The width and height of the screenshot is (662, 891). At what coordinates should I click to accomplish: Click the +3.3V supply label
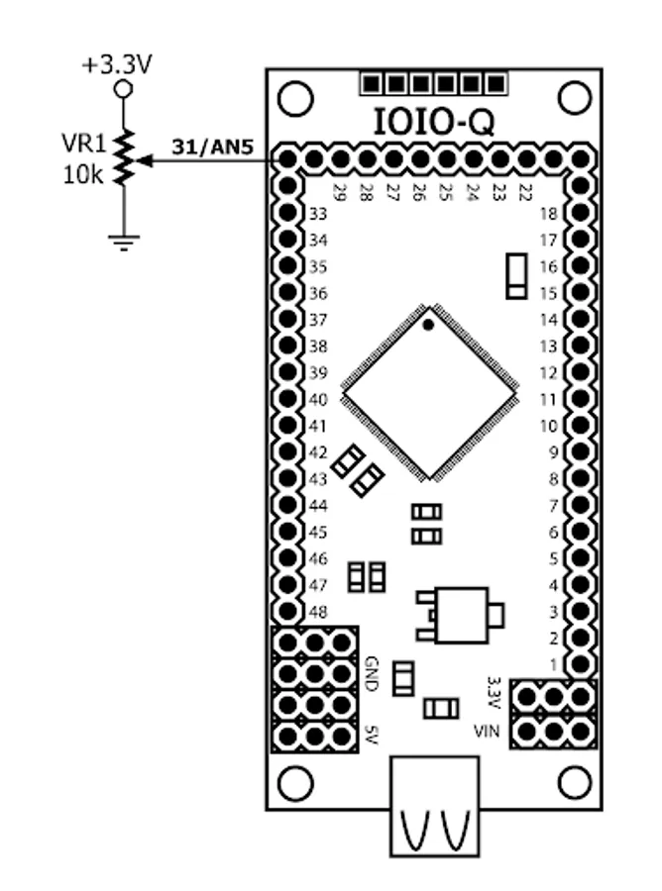117,65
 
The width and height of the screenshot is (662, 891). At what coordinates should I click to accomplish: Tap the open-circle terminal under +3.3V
124,89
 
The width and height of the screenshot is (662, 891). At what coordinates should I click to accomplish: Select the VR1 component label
84,144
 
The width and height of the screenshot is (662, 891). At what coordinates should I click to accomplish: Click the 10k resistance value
83,175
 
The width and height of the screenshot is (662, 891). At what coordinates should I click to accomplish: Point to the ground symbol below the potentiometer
124,243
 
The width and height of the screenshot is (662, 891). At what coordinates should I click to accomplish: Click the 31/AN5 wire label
212,148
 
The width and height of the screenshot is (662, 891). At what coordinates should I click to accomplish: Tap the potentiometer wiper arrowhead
144,161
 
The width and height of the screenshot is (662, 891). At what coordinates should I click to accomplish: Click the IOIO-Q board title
434,122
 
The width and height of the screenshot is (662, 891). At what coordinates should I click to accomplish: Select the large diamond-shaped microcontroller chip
429,393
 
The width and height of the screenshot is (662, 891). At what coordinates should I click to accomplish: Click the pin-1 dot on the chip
428,325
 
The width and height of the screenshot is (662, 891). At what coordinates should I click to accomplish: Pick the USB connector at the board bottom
434,806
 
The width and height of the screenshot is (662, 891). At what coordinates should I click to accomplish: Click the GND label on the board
372,674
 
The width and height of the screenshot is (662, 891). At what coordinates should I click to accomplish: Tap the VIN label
487,731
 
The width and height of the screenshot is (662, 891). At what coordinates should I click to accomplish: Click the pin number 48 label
318,612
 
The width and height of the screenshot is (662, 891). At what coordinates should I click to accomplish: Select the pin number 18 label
548,214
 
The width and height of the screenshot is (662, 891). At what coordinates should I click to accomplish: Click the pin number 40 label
318,400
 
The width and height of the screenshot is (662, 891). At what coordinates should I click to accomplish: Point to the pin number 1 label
553,664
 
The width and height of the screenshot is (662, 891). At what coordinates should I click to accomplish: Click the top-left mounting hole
295,98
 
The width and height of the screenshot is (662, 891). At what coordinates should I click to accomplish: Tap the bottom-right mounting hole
575,782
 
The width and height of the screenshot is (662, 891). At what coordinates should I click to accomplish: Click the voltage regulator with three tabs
460,616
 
